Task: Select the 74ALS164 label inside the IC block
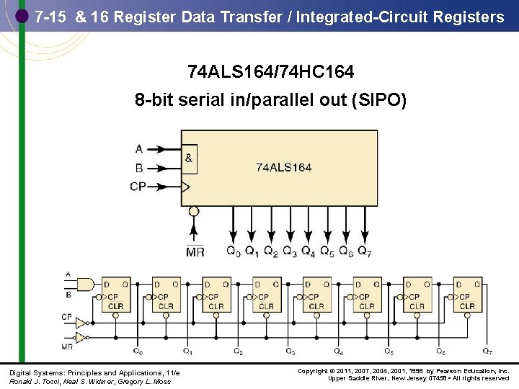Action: (x=284, y=167)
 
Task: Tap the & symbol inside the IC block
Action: (x=189, y=158)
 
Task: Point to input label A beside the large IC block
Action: (x=138, y=149)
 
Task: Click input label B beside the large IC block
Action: (x=138, y=168)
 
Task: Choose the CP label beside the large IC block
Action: (x=138, y=187)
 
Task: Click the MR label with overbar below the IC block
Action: (x=195, y=252)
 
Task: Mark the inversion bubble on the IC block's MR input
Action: (x=193, y=212)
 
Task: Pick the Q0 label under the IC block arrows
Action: (x=234, y=252)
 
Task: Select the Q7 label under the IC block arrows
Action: (x=365, y=252)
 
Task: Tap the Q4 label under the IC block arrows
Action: (x=309, y=252)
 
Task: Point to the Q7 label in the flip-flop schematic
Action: (x=487, y=352)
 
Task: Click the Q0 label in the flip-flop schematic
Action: (x=138, y=352)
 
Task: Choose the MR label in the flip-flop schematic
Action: (x=67, y=346)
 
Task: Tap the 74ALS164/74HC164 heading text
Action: (x=270, y=72)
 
